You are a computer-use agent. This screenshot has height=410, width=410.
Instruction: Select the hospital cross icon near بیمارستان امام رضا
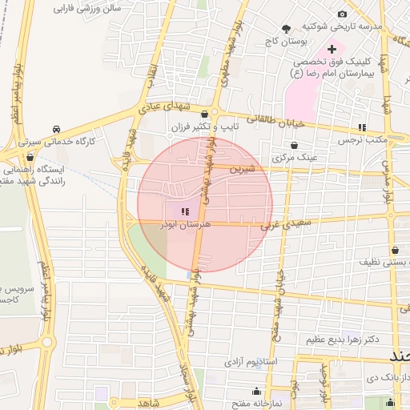point(332,50)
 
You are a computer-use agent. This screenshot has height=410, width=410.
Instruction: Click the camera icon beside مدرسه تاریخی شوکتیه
point(343,14)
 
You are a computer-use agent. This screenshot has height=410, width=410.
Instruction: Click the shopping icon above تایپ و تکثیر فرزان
point(206,114)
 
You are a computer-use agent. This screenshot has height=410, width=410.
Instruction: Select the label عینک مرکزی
point(295,157)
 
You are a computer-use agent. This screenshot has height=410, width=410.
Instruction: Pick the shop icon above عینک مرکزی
point(295,145)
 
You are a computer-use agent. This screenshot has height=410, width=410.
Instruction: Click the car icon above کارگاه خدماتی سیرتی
point(56,129)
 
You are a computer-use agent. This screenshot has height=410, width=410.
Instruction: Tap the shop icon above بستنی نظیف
point(396,250)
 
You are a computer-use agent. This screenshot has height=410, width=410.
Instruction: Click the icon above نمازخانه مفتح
point(256,391)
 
